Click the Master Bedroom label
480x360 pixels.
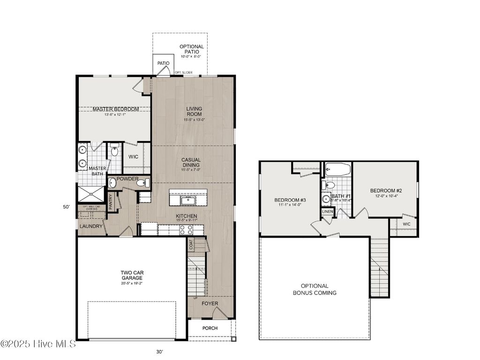[115, 109]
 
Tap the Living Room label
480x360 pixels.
[194, 111]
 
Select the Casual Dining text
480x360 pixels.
[191, 162]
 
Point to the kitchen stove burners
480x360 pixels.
[186, 230]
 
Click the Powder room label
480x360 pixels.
[127, 179]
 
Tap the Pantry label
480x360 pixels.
[111, 202]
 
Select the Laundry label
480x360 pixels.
[90, 226]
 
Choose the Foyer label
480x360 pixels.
[210, 303]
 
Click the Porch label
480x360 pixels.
[210, 328]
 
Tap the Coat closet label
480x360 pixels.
[191, 244]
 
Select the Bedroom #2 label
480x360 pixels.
[386, 190]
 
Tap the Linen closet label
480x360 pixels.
[327, 212]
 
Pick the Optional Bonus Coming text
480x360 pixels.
[315, 289]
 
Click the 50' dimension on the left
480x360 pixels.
[67, 207]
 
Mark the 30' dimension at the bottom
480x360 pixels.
[160, 352]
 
